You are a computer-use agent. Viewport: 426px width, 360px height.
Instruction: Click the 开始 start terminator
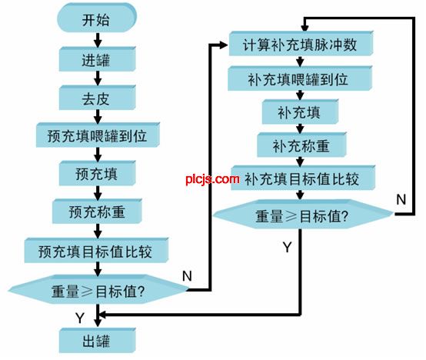pos(97,18)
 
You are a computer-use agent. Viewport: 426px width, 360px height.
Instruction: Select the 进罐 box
pos(97,59)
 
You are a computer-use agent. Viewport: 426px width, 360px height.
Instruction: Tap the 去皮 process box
pos(97,98)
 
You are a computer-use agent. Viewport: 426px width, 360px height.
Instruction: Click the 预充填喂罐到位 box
pos(98,135)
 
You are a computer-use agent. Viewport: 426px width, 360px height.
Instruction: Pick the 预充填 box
pos(97,173)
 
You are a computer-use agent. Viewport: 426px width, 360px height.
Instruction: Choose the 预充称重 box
pos(97,212)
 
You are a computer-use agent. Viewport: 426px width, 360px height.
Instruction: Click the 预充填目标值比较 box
pos(96,251)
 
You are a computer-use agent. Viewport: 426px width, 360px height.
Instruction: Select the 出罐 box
pos(97,341)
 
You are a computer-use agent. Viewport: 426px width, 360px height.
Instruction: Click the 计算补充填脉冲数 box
pos(301,44)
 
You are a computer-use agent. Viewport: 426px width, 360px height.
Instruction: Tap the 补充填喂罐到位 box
pos(300,78)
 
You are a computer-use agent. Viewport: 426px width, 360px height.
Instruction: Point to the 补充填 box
pos(300,112)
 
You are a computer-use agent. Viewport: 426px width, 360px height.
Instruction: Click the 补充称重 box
pos(301,145)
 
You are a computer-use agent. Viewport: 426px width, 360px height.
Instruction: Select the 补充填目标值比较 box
pos(303,178)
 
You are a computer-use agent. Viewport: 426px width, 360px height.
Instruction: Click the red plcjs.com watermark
pos(213,179)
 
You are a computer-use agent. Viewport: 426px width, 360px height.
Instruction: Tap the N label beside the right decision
pos(401,200)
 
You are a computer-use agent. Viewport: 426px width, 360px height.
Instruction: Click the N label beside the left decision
pos(187,276)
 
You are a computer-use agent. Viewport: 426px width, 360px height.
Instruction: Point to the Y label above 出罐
pos(80,318)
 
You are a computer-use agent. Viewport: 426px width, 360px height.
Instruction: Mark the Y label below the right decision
pos(287,247)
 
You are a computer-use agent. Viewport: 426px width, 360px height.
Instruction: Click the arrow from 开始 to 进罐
pos(98,40)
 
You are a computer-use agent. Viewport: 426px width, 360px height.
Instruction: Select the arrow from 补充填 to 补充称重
pos(300,128)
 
